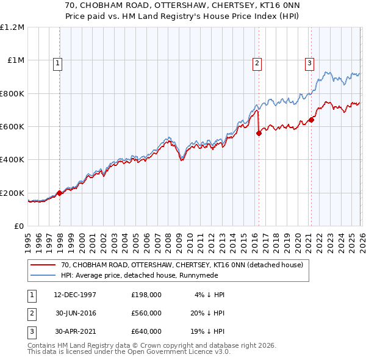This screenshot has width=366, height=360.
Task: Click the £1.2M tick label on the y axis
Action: coord(12,27)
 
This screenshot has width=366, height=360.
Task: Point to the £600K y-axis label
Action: coord(12,127)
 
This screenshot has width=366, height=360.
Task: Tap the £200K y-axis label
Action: coord(12,193)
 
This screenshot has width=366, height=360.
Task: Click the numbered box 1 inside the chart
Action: coord(57,62)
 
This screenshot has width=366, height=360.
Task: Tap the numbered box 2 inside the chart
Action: coord(257,62)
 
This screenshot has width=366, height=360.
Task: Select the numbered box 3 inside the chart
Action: coord(309,62)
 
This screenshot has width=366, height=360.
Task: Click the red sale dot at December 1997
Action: coord(60,193)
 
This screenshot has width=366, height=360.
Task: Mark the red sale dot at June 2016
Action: coord(259,134)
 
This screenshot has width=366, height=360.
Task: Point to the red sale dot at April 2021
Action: coord(311,120)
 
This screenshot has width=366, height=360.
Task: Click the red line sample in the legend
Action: coord(45,265)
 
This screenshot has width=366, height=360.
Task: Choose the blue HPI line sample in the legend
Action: coord(45,275)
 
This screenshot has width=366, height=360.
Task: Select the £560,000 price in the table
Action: coord(146,313)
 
